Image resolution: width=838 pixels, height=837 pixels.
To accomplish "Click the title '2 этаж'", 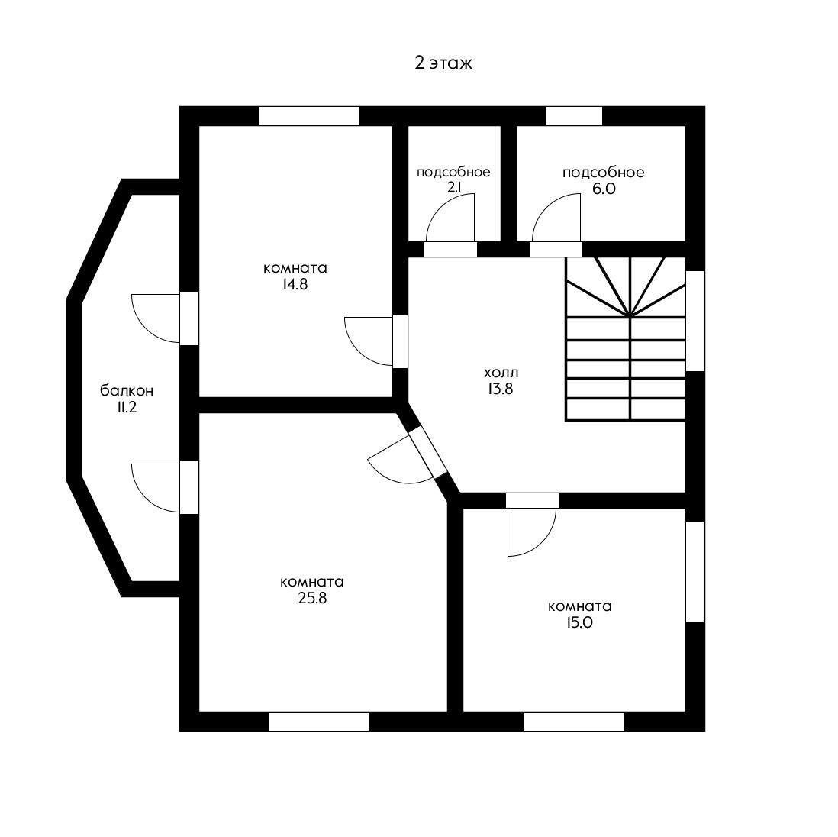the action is click(x=443, y=63).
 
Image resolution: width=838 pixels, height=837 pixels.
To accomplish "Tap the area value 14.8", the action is click(x=295, y=285).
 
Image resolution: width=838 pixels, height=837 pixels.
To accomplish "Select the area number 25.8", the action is click(x=312, y=599).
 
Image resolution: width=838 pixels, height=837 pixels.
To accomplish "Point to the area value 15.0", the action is click(x=580, y=623).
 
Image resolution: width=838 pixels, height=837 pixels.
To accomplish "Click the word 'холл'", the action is click(x=501, y=373).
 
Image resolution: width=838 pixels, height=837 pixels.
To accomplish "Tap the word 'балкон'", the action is click(x=127, y=391).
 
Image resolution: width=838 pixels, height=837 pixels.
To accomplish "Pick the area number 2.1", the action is click(x=453, y=188).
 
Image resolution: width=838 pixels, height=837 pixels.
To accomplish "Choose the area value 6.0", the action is click(x=604, y=189).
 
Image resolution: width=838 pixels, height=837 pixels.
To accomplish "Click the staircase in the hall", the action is click(x=625, y=338).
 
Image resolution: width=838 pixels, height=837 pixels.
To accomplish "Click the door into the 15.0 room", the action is click(x=532, y=525).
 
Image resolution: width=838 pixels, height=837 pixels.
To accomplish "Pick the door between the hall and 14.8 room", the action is click(x=376, y=341).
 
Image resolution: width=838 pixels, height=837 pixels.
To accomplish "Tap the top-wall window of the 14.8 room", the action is click(x=309, y=116).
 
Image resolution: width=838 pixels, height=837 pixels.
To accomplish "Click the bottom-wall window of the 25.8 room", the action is click(x=318, y=722).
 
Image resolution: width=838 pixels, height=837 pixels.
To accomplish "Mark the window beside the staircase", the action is click(x=695, y=321).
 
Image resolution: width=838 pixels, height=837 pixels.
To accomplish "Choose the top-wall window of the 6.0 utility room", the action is click(x=575, y=116).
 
